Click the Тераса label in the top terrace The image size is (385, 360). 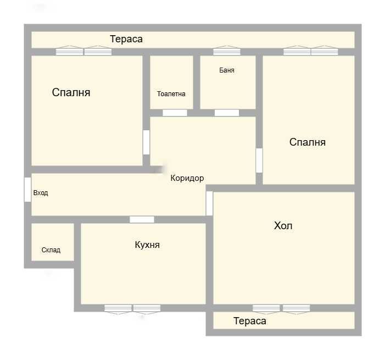[x=126, y=39]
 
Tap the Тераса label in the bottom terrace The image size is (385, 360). [x=249, y=321]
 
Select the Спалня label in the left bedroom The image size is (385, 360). [x=71, y=92]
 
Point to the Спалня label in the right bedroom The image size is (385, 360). [x=308, y=142]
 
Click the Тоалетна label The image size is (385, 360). [x=171, y=94]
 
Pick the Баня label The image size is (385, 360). [x=227, y=70]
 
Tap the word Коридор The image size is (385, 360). [x=187, y=178]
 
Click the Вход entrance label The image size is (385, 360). [x=41, y=193]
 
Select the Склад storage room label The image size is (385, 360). [x=51, y=250]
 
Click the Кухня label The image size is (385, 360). [x=147, y=245]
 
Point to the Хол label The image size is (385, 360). [x=283, y=226]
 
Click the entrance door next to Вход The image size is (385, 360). [x=27, y=190]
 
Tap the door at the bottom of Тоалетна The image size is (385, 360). [x=175, y=113]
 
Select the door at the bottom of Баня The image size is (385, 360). [x=227, y=113]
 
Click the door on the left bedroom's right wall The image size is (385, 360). [x=146, y=142]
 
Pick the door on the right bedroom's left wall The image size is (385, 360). [x=259, y=160]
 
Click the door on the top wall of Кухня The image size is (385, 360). [x=142, y=219]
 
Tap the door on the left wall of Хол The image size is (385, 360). [x=209, y=203]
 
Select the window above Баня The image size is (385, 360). [x=227, y=52]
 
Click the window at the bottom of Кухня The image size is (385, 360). [x=132, y=308]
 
